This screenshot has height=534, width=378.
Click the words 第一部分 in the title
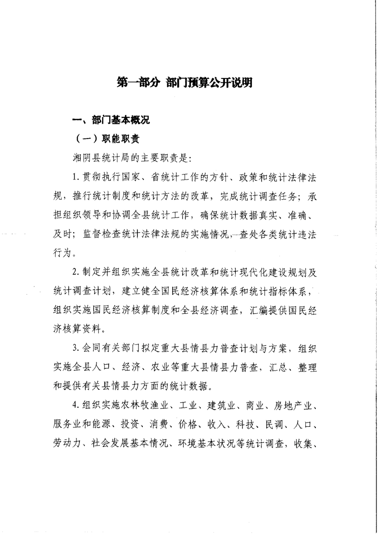(x=138, y=82)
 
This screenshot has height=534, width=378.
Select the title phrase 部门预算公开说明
(x=209, y=82)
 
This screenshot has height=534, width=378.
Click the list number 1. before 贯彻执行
(x=75, y=178)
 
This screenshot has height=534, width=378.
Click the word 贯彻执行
(x=102, y=178)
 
